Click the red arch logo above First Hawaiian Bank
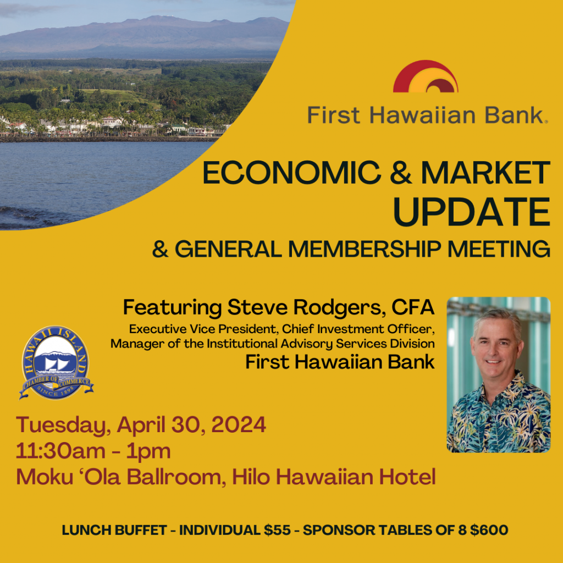[426, 76]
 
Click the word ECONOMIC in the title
[291, 173]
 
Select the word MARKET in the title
[485, 173]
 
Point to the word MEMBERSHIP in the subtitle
[365, 249]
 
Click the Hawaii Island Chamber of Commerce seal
[57, 363]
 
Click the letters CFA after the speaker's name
[413, 307]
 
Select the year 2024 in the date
[238, 424]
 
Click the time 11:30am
[60, 451]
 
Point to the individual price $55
[277, 530]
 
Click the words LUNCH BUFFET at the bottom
[114, 530]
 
